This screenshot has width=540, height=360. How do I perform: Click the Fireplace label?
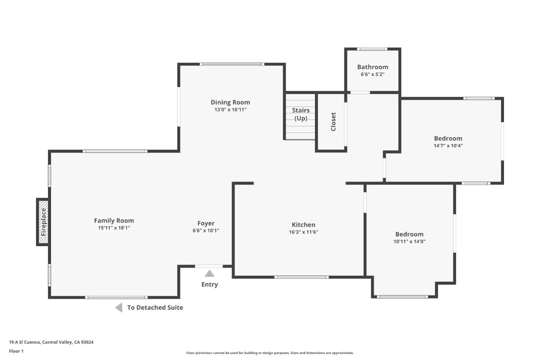[x=43, y=222]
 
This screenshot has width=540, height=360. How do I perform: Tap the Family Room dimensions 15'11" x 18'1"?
[x=114, y=228]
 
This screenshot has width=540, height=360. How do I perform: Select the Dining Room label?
[x=231, y=102]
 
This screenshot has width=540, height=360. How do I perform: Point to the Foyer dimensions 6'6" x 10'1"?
[x=206, y=231]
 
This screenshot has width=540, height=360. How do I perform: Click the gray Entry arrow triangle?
[x=210, y=273]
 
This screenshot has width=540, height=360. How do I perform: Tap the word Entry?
[x=210, y=285]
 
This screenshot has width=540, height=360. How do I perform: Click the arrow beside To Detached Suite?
[x=119, y=307]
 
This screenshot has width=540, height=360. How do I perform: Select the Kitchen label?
[x=303, y=225]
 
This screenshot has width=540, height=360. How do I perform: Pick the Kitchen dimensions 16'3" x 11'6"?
[x=303, y=232]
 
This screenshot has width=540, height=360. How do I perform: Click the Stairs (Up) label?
[x=301, y=114]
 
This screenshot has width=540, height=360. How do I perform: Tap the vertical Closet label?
[x=333, y=122]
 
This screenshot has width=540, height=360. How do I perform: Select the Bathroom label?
[x=373, y=67]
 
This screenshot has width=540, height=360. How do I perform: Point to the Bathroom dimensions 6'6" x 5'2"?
[x=373, y=74]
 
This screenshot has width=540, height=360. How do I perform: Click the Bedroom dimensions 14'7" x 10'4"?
[x=448, y=145]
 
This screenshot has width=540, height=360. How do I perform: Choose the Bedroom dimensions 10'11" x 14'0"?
[x=409, y=241]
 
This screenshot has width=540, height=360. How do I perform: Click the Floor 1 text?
[x=16, y=351]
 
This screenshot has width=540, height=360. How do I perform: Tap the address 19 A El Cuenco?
[x=24, y=342]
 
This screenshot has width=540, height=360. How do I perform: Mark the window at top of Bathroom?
[x=372, y=49]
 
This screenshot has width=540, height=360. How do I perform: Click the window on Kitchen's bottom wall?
[x=301, y=277]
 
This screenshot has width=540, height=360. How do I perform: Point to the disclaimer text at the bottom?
[x=270, y=353]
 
